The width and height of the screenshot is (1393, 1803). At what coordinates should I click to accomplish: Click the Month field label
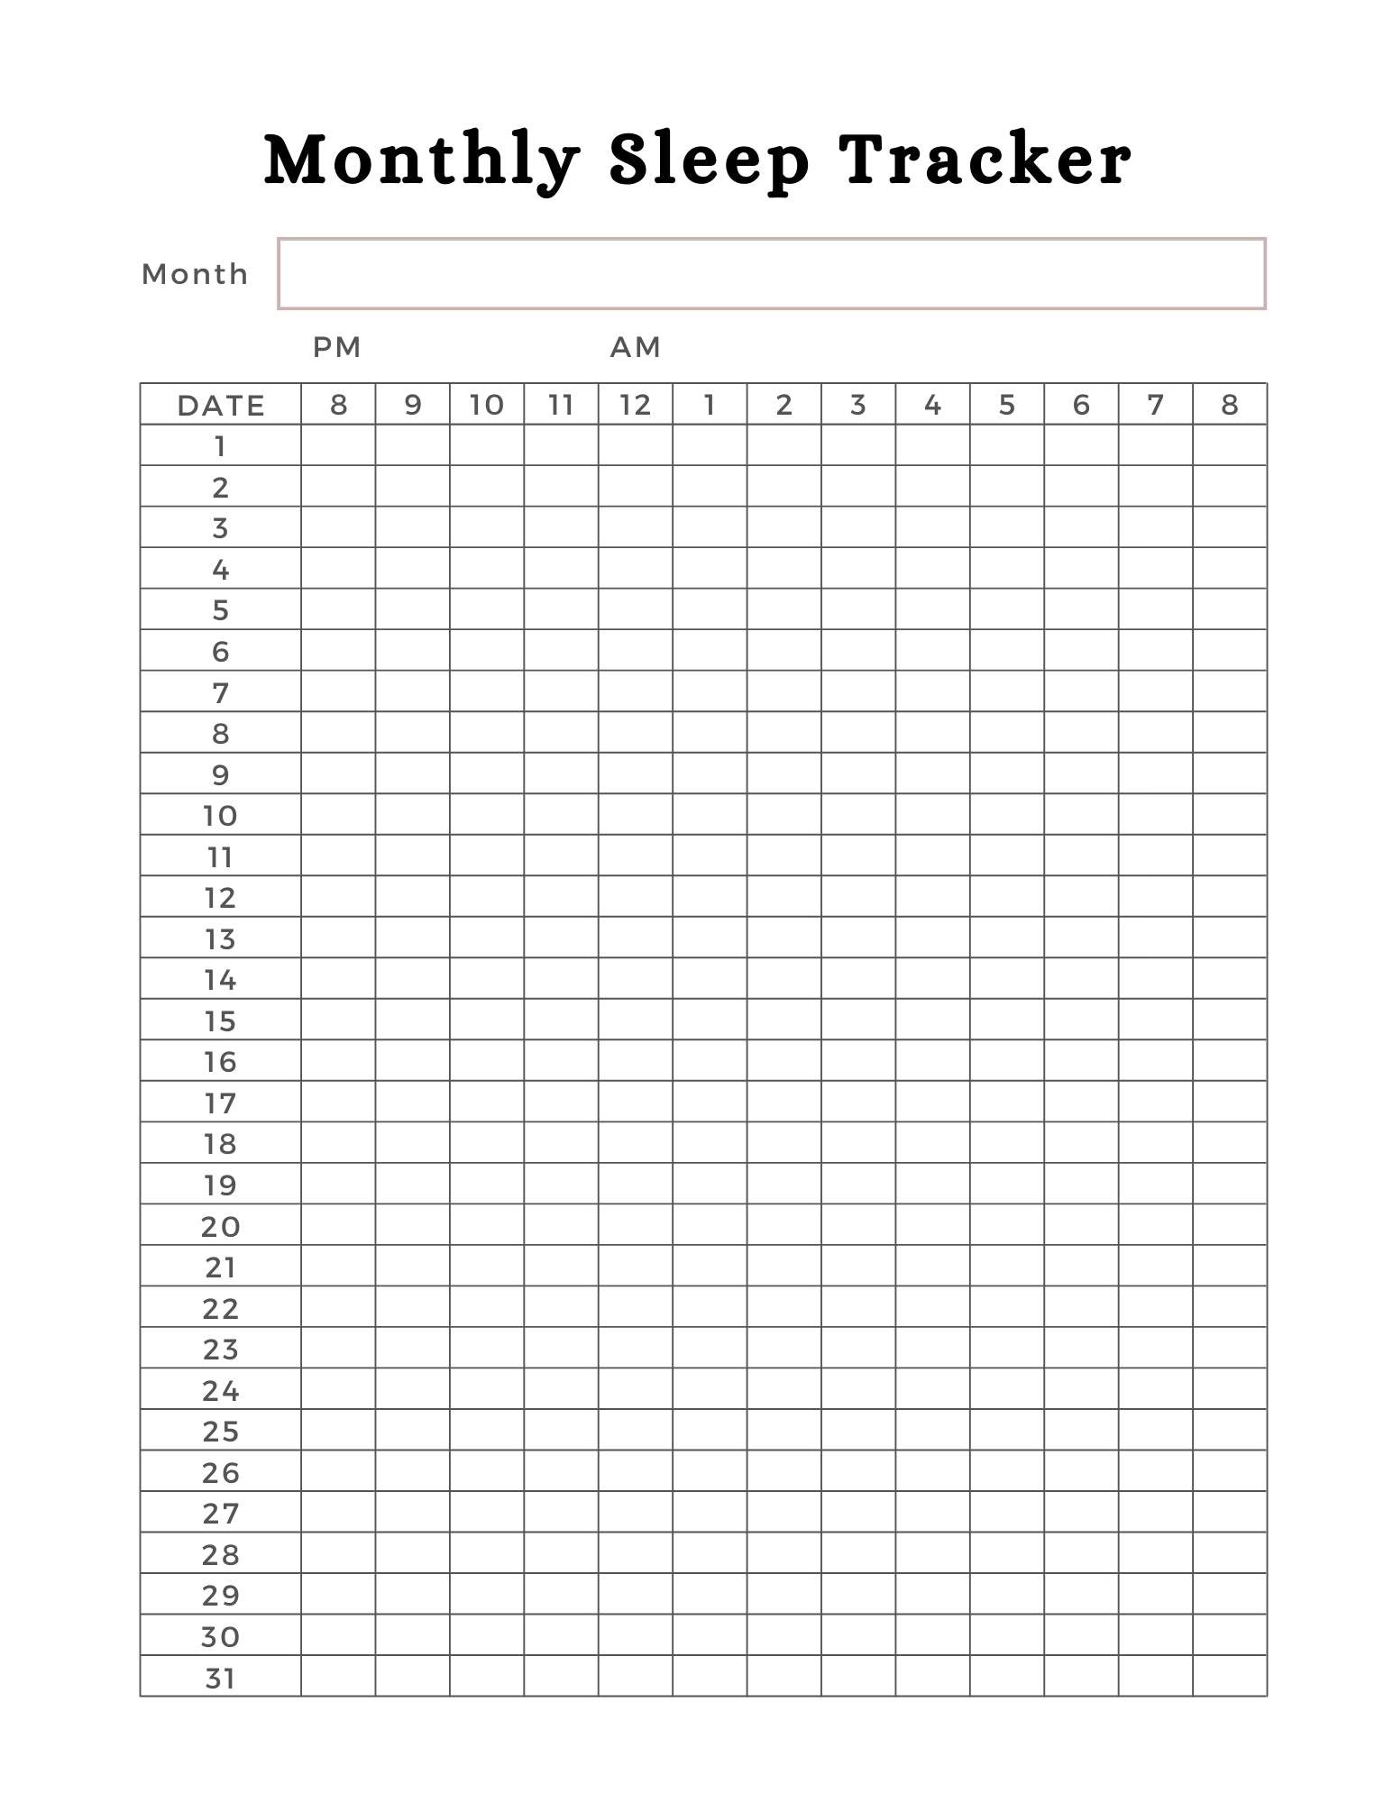[x=195, y=274]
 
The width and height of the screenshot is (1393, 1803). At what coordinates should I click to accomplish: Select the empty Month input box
[x=772, y=274]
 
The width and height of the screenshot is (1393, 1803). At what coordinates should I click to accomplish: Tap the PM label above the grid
[x=337, y=347]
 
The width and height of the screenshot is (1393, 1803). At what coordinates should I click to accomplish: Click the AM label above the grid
[x=636, y=347]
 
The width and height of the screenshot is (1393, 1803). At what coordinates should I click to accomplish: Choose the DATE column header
[x=221, y=405]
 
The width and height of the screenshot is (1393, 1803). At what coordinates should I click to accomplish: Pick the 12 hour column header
[x=636, y=405]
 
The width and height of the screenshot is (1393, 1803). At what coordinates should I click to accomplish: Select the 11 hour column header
[x=561, y=405]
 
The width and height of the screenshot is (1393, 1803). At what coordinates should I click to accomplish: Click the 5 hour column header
[x=1007, y=405]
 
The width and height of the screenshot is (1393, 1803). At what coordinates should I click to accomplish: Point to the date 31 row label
[x=221, y=1678]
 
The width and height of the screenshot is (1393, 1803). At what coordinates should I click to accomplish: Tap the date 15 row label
[x=221, y=1020]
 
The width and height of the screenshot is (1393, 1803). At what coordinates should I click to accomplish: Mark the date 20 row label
[x=221, y=1226]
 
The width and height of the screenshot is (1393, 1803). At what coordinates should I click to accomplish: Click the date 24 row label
[x=221, y=1390]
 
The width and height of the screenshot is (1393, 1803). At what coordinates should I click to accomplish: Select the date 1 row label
[x=221, y=445]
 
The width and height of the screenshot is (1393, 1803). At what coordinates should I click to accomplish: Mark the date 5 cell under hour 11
[x=561, y=609]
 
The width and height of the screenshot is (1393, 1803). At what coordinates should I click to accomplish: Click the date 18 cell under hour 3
[x=858, y=1143]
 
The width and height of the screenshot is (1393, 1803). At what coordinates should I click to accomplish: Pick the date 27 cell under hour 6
[x=1081, y=1513]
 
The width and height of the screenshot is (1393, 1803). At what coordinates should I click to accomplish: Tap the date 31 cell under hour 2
[x=784, y=1678]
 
